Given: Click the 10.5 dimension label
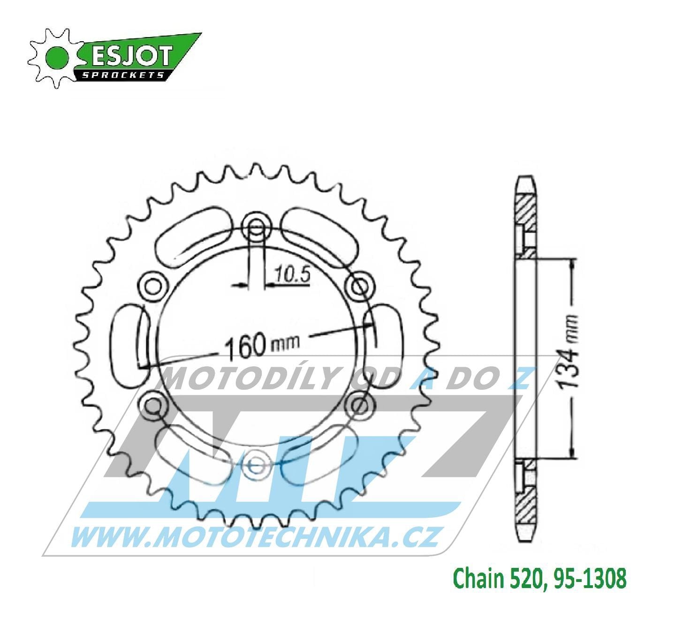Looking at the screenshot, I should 293,275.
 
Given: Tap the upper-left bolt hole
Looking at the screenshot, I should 153,285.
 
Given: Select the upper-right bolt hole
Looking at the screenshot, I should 360,285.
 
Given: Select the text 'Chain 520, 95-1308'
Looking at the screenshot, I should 541,579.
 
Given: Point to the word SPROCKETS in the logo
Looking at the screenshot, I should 123,75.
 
